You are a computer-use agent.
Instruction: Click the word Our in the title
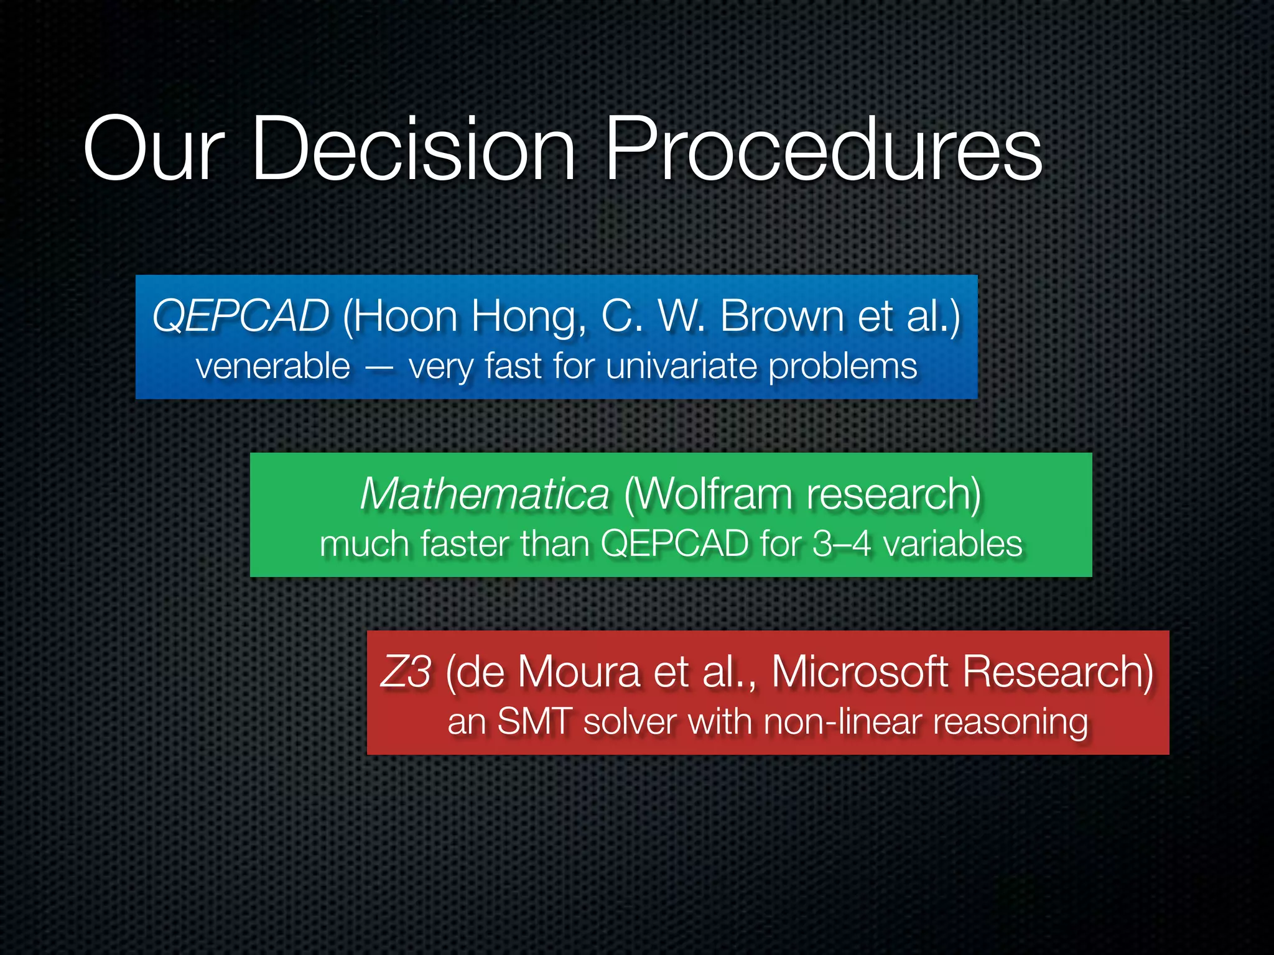pyautogui.click(x=153, y=149)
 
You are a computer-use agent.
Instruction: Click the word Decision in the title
pyautogui.click(x=414, y=149)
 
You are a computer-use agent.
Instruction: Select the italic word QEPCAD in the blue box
pyautogui.click(x=241, y=316)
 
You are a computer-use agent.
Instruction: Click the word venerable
pyautogui.click(x=273, y=366)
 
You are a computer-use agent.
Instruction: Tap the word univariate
pyautogui.click(x=681, y=366)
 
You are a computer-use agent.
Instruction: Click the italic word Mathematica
pyautogui.click(x=485, y=494)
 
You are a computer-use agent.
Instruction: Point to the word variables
pyautogui.click(x=952, y=543)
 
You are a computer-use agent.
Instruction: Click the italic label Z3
pyautogui.click(x=406, y=672)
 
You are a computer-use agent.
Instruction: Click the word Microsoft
pyautogui.click(x=860, y=672)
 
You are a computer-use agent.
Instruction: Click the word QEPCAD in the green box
pyautogui.click(x=674, y=543)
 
